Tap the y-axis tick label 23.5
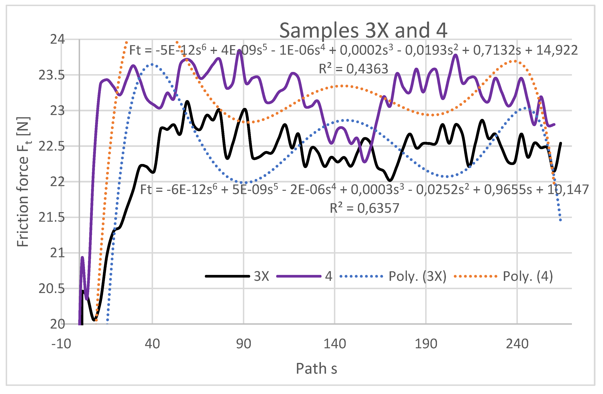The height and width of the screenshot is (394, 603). (x=52, y=75)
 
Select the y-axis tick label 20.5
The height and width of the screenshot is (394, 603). (x=52, y=289)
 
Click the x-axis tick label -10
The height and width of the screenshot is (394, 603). (x=61, y=344)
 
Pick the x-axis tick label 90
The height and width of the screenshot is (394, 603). (x=243, y=344)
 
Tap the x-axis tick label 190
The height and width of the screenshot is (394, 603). (x=426, y=344)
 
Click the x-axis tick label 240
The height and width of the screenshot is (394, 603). (x=517, y=344)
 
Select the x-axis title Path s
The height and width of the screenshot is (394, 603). (x=316, y=368)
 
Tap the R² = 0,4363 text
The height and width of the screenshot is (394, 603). (x=353, y=69)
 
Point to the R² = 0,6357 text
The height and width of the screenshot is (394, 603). (x=364, y=208)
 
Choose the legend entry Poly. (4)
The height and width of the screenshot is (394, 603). (x=528, y=276)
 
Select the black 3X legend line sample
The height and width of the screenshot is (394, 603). (x=227, y=276)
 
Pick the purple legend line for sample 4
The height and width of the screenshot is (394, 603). (x=299, y=276)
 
